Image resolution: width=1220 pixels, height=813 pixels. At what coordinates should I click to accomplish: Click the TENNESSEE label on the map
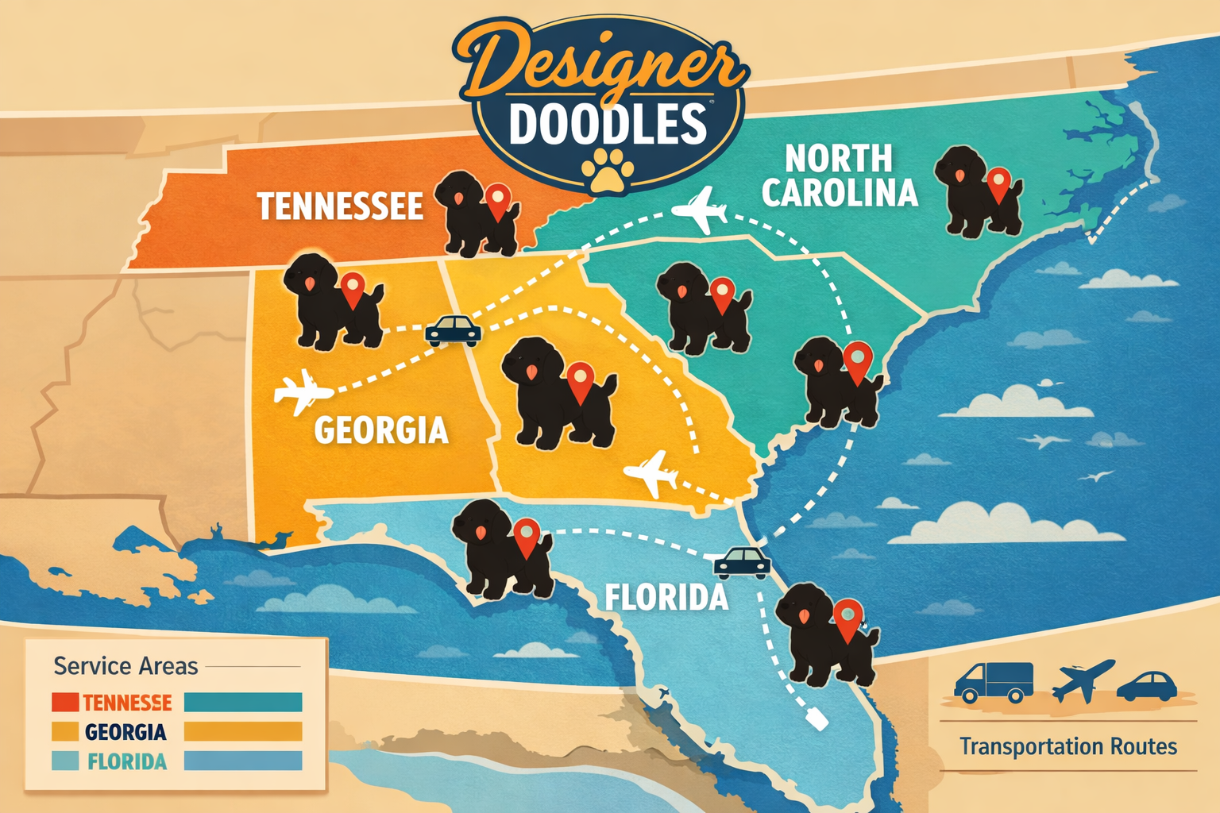coord(340,206)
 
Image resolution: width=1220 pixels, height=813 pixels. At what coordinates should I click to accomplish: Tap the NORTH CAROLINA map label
coord(839,176)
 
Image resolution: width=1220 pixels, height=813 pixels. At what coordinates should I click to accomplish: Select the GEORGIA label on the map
coord(381,430)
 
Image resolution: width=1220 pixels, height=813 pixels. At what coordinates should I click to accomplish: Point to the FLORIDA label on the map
coord(666,597)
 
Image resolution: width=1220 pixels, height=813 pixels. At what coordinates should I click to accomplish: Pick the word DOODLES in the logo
coord(608,125)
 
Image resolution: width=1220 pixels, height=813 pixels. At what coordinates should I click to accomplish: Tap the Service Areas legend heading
coord(125,665)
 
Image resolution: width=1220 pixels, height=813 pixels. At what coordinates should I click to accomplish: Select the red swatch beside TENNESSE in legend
coord(64,702)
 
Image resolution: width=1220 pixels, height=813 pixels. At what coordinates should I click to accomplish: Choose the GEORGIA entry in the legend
coord(125,732)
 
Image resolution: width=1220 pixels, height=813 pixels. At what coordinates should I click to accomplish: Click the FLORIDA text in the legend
coord(127,762)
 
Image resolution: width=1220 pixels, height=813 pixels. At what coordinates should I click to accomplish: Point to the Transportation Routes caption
coord(1067,746)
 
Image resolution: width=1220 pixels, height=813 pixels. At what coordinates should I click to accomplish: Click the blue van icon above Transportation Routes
coord(993,682)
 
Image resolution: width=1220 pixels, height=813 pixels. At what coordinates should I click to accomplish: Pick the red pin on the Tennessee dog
coord(498,200)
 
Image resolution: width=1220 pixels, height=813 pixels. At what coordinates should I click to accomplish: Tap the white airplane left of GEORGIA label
coord(301,391)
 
